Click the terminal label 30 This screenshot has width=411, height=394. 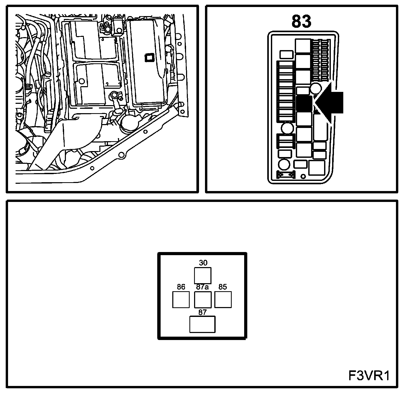pyautogui.click(x=203, y=263)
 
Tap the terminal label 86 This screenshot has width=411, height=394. pyautogui.click(x=181, y=287)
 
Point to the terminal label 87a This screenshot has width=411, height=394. pyautogui.click(x=202, y=287)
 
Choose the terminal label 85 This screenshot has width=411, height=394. pyautogui.click(x=223, y=287)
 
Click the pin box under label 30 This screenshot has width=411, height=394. pyautogui.click(x=203, y=275)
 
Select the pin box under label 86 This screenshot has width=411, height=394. pyautogui.click(x=181, y=300)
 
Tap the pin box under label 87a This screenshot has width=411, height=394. pyautogui.click(x=203, y=300)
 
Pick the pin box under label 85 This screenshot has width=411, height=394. pyautogui.click(x=223, y=300)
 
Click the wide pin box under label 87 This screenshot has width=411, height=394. pyautogui.click(x=202, y=324)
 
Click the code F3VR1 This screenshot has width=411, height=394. pyautogui.click(x=369, y=376)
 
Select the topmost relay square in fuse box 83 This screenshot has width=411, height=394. pyautogui.click(x=303, y=46)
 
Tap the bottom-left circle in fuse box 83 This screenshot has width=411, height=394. pyautogui.click(x=284, y=165)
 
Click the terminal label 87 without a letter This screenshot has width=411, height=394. pyautogui.click(x=202, y=313)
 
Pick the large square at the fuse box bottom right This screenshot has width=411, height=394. pyautogui.click(x=317, y=167)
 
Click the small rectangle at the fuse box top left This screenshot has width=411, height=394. pyautogui.click(x=286, y=55)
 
